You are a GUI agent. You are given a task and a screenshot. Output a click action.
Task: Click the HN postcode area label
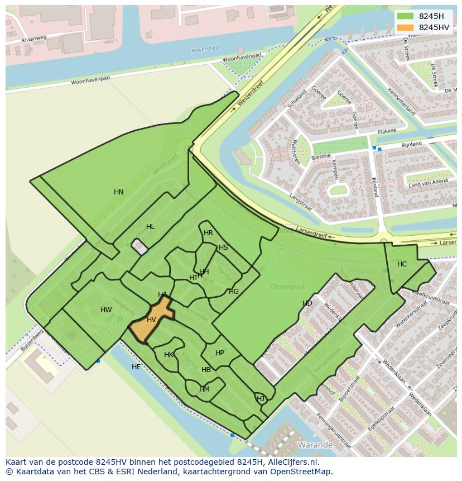118,192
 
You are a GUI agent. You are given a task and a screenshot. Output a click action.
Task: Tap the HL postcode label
150,227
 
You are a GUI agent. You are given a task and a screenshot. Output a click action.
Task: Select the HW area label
106,310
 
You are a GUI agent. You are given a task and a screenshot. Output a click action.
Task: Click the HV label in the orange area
151,320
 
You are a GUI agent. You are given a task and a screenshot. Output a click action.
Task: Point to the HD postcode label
307,303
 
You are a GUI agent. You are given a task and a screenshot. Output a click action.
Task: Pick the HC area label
402,264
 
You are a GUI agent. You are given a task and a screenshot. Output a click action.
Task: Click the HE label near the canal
136,367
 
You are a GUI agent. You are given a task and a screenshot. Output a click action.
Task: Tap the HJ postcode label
260,398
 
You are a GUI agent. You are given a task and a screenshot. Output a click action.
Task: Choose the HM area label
204,389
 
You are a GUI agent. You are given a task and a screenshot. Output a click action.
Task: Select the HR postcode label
208,233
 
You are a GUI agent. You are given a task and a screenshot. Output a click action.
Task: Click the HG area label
234,292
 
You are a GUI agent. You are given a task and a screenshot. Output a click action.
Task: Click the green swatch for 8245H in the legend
406,16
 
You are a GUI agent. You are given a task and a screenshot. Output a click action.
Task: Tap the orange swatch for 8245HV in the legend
406,27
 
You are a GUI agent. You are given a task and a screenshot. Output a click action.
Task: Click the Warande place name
315,445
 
